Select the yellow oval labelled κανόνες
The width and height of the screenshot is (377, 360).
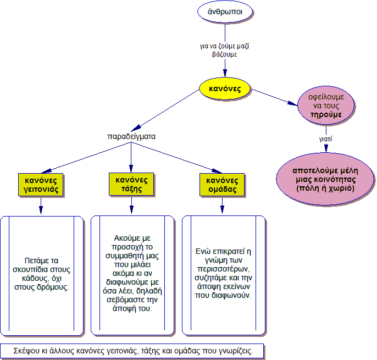(x=225, y=88)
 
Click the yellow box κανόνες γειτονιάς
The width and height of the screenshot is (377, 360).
(x=41, y=185)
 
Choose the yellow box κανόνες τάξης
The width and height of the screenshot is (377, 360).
(x=131, y=184)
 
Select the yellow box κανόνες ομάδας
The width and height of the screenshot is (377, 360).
(x=222, y=185)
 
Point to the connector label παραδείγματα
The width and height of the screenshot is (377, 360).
(x=130, y=136)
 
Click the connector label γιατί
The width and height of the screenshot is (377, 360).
(x=326, y=140)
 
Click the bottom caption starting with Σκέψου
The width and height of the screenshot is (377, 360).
(x=132, y=351)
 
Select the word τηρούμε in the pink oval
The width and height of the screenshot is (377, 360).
(x=326, y=114)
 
